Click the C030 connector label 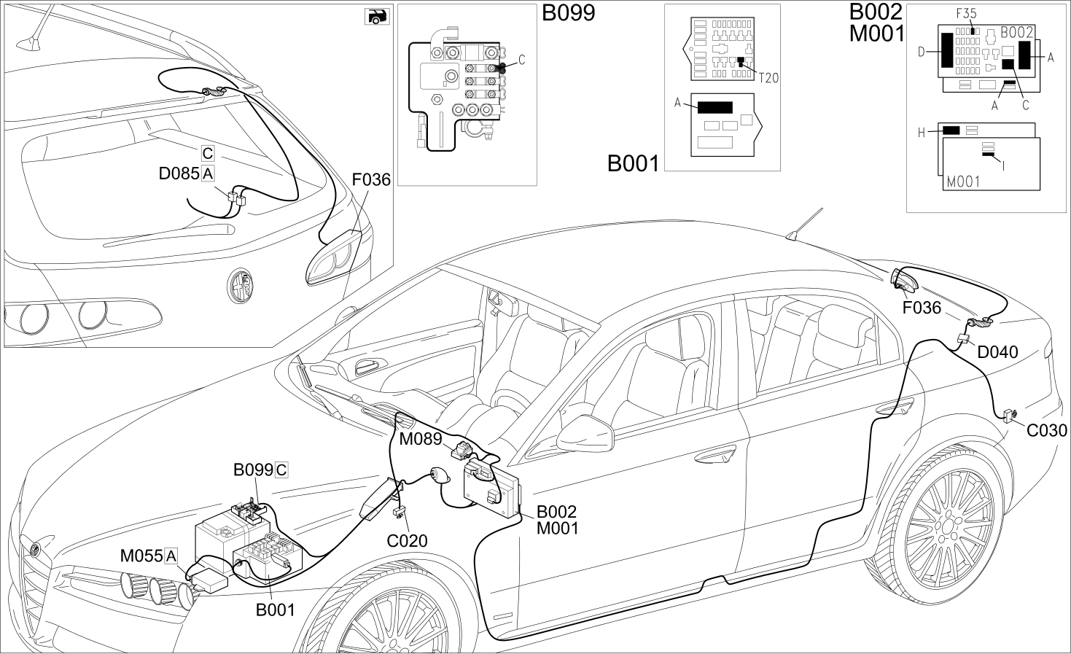coord(1047,431)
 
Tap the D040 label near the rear coord(997,352)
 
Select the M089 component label coord(420,439)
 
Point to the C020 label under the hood coord(407,541)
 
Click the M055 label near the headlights coord(141,556)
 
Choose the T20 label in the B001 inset coord(768,78)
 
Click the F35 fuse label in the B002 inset coord(966,14)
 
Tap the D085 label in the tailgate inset coord(179,174)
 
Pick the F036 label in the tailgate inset coord(371,180)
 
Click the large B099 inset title coord(569,13)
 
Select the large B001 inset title coord(634,163)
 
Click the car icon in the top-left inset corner coord(377,17)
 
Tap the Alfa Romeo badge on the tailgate coord(240,285)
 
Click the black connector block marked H coord(951,130)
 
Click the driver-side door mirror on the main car coord(585,434)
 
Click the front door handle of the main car coord(716,455)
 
